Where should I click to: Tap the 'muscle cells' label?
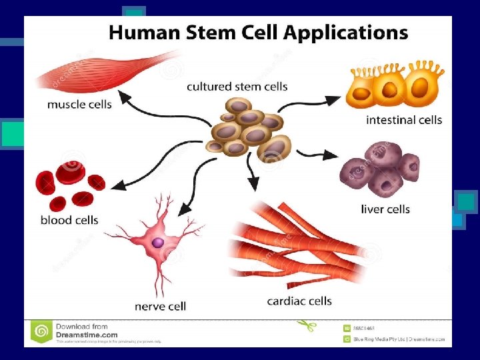(x=79, y=105)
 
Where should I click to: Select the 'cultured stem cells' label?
(x=237, y=87)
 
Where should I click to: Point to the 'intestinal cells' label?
(x=404, y=120)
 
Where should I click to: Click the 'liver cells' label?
(x=385, y=209)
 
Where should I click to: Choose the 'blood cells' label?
(x=69, y=220)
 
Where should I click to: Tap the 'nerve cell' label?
(x=160, y=307)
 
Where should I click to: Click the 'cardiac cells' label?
(x=299, y=301)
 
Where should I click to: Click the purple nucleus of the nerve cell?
(x=158, y=243)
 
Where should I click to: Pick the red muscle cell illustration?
(x=107, y=71)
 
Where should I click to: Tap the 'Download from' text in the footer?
(x=82, y=327)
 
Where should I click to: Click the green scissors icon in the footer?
(x=307, y=326)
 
